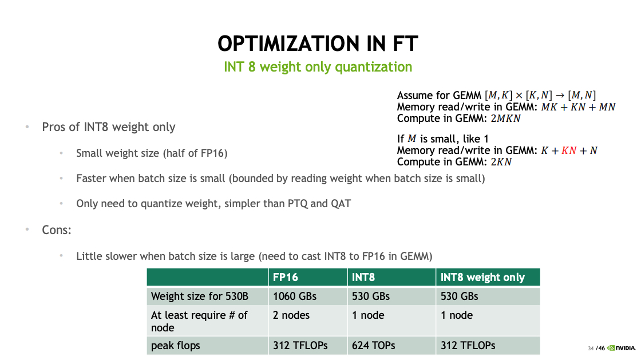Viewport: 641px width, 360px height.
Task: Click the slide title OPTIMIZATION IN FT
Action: (x=318, y=43)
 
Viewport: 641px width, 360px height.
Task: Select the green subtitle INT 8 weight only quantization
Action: (x=318, y=67)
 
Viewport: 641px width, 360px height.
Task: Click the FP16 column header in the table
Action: (x=285, y=277)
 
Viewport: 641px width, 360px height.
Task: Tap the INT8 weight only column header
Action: (x=482, y=277)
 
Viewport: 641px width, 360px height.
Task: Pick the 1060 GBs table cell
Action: (x=295, y=296)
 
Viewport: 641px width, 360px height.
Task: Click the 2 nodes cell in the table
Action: (x=291, y=315)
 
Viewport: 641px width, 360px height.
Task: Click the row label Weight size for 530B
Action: (x=200, y=296)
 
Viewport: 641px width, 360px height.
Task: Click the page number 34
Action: (x=591, y=349)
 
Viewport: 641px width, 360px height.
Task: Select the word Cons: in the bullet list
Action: (x=56, y=230)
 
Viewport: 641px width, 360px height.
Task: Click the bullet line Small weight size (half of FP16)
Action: (x=152, y=153)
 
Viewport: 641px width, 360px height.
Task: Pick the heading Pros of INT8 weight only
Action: (x=109, y=127)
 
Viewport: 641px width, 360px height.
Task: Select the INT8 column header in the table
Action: (x=363, y=277)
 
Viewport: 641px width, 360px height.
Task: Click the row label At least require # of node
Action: (x=199, y=321)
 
